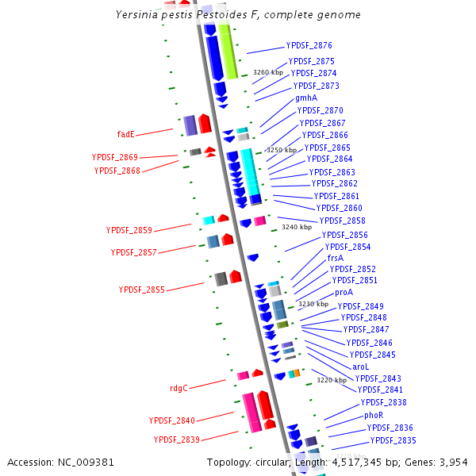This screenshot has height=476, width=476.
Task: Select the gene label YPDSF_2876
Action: (309, 46)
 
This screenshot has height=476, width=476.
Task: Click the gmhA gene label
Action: (306, 98)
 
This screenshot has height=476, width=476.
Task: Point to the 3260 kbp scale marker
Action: (268, 72)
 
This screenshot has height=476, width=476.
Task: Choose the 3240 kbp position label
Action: (297, 227)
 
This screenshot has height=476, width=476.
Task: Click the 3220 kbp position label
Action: (332, 380)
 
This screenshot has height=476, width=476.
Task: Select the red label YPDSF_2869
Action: (115, 157)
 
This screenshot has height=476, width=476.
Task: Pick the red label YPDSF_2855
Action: (142, 290)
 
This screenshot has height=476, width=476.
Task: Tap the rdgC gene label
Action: (178, 388)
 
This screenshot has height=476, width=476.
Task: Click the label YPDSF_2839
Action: (177, 439)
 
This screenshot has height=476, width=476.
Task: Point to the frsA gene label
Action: (335, 258)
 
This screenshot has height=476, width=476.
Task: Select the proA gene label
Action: (344, 292)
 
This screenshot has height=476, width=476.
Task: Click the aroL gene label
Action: (360, 367)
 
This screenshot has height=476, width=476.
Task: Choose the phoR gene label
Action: (374, 415)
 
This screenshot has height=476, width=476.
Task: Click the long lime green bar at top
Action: (228, 52)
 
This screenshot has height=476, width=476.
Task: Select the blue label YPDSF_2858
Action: (342, 221)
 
